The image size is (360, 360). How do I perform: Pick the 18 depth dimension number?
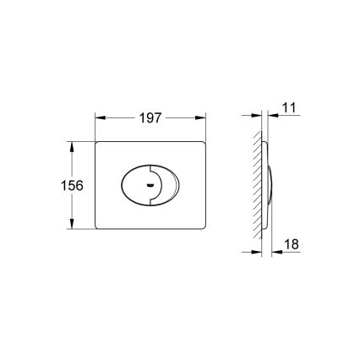coord(289,245)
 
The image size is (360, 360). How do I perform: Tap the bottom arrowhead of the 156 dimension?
coord(69,226)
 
